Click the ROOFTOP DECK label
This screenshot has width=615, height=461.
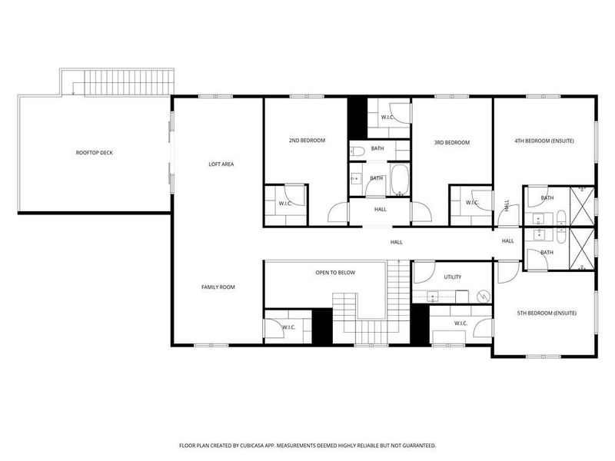[95, 153]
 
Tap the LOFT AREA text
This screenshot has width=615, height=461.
[221, 164]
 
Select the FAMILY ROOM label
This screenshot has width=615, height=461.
[218, 287]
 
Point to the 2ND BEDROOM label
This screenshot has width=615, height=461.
[307, 141]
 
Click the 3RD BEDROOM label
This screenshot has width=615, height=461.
[451, 142]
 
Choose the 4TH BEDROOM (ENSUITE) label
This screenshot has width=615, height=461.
[544, 141]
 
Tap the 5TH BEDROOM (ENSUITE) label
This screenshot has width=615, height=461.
[545, 313]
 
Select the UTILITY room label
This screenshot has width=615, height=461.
[452, 277]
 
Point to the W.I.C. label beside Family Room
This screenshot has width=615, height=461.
[288, 328]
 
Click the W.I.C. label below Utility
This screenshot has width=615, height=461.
[461, 323]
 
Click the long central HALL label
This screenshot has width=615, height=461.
[396, 242]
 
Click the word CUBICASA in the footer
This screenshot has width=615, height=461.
[273, 445]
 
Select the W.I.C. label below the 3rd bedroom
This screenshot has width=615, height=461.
[472, 203]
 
